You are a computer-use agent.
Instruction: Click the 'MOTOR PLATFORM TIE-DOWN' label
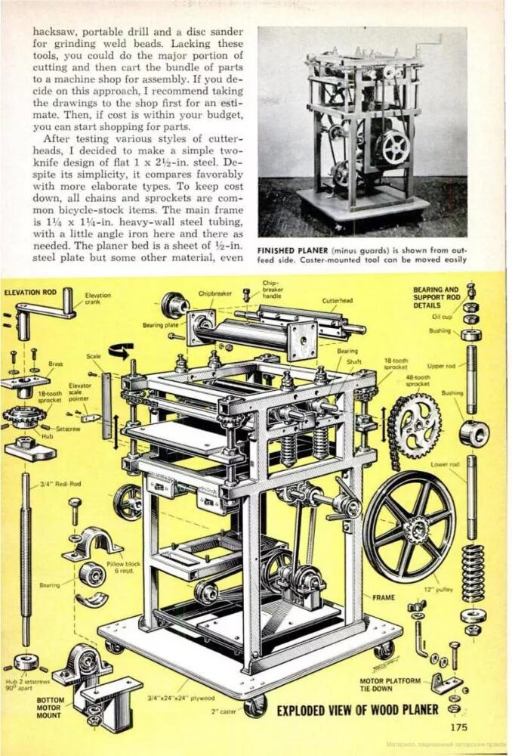click(x=390, y=684)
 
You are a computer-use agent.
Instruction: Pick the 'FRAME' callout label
click(x=383, y=596)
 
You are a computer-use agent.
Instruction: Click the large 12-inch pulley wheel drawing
click(x=410, y=525)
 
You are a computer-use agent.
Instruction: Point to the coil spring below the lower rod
click(x=473, y=572)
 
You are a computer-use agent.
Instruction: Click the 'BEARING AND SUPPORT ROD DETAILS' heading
click(x=435, y=297)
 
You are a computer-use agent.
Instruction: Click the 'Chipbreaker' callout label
click(x=214, y=292)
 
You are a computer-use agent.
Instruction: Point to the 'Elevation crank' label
click(x=98, y=298)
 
